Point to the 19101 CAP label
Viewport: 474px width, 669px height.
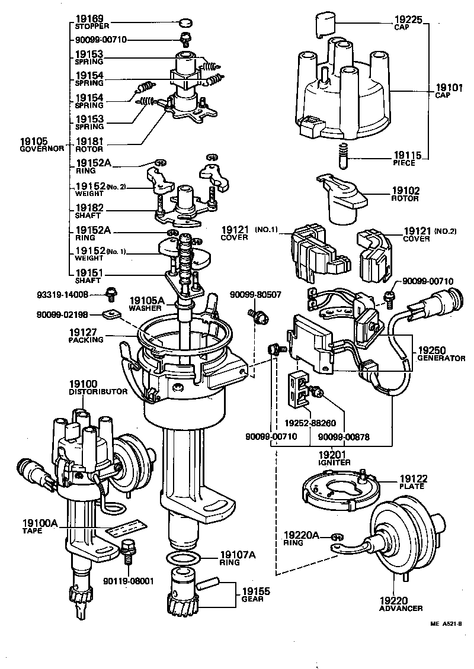449,92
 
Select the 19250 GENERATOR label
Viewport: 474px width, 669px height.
440,353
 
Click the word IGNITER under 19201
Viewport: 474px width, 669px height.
335,462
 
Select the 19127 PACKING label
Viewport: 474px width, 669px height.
86,336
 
